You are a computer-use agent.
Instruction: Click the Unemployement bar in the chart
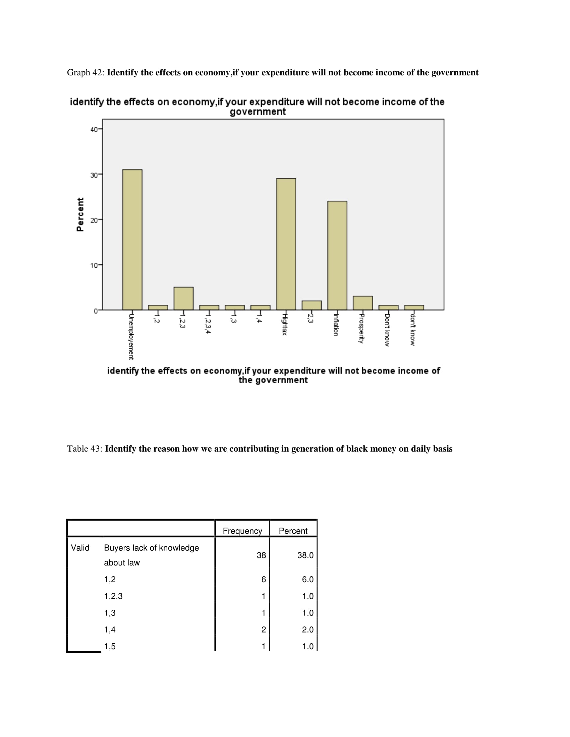pos(132,239)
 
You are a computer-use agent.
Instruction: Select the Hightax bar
pos(286,244)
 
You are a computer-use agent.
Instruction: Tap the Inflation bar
pos(337,255)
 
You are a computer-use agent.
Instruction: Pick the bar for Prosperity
pos(363,303)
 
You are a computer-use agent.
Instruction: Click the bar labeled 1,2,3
pos(183,298)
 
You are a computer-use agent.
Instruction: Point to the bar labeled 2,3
pos(311,305)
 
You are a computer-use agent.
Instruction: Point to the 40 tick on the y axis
pos(94,130)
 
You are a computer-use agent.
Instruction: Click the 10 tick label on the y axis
pos(94,265)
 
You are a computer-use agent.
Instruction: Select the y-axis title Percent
pos(80,215)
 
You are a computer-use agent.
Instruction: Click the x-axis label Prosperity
pos(361,328)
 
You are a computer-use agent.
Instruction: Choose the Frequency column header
pos(242,531)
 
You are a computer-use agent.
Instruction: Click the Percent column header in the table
pos(293,531)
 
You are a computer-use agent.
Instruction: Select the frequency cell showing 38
pos(261,555)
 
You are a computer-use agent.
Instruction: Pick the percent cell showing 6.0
pos(307,580)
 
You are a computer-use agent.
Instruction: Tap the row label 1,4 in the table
pos(110,629)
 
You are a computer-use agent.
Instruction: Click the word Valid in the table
pos(80,548)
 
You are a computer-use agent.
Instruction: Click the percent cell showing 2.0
pos(307,629)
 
